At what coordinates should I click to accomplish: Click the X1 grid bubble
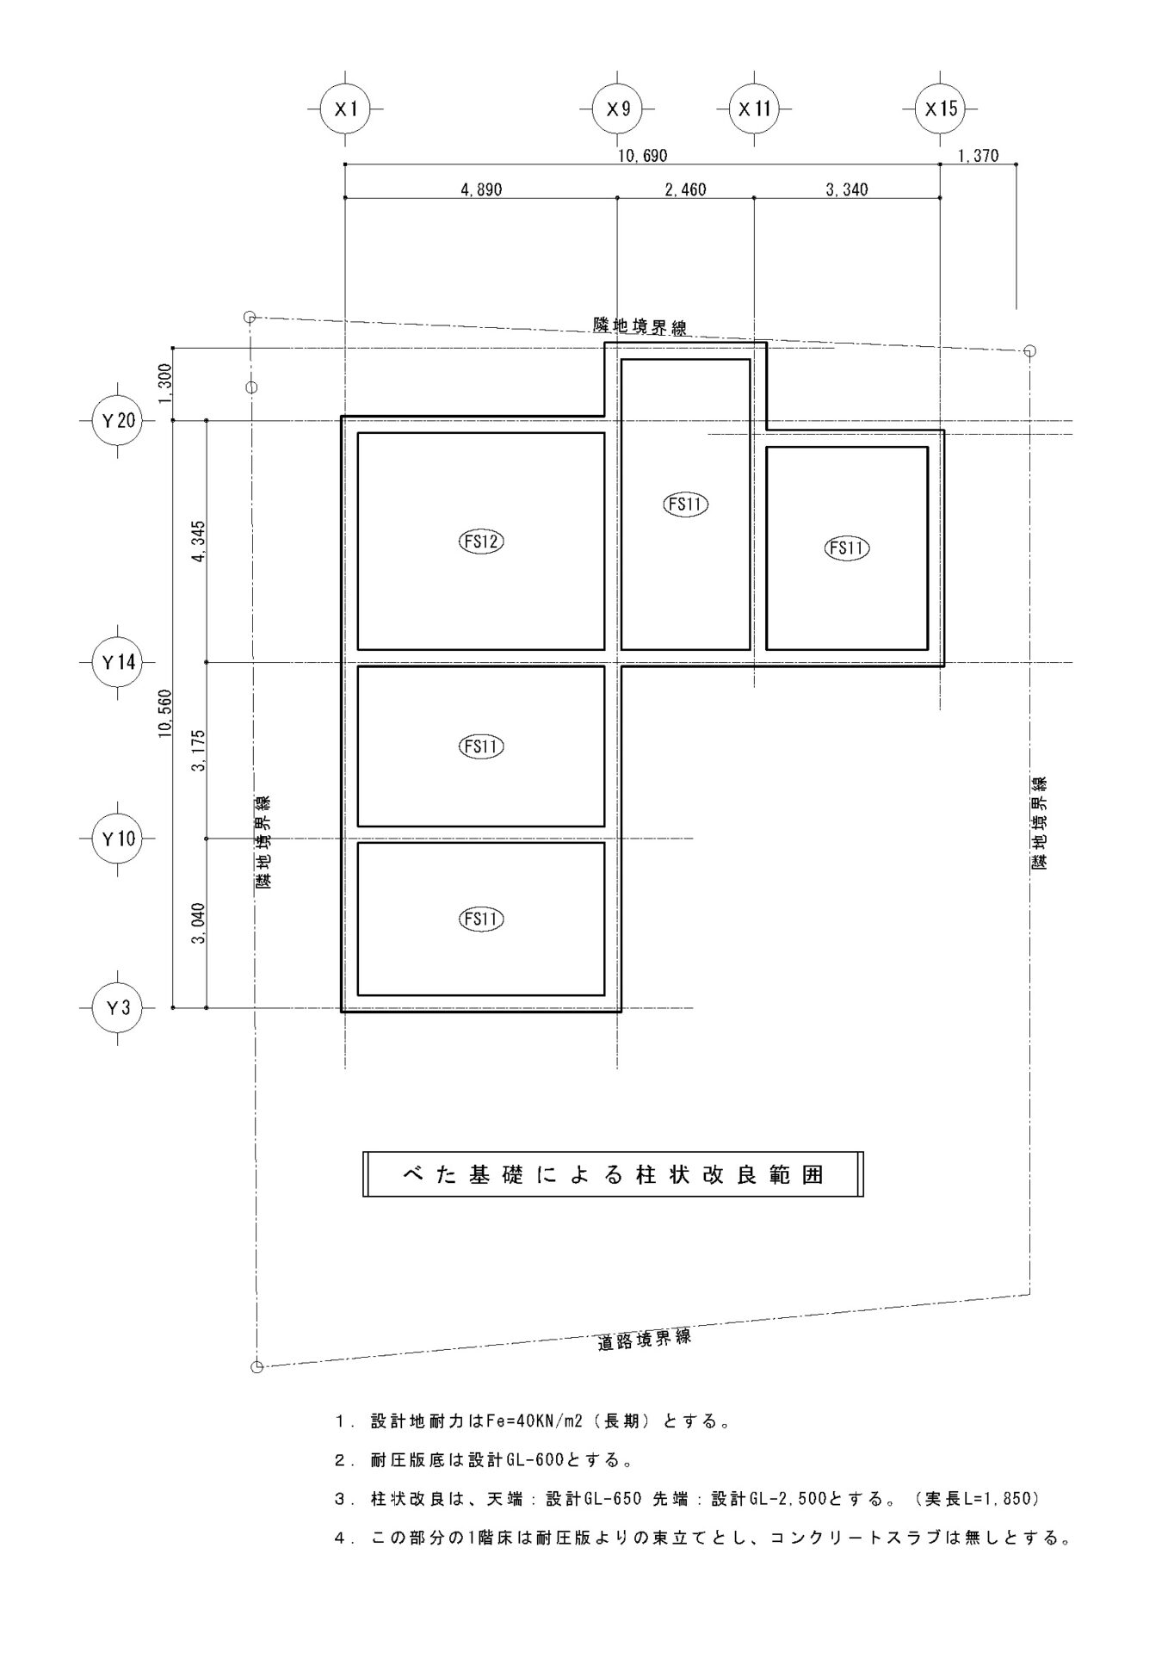[345, 109]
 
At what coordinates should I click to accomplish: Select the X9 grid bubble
[618, 109]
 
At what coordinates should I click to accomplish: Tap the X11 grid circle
[754, 109]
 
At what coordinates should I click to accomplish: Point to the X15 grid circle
[940, 109]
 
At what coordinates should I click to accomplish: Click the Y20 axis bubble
[118, 421]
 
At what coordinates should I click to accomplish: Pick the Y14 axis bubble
[118, 662]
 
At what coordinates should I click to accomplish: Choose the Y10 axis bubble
[118, 838]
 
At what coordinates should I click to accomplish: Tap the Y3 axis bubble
[118, 1007]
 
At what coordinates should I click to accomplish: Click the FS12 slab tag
[481, 542]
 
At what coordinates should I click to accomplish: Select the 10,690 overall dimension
[643, 156]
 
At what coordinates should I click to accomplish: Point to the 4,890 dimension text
[481, 189]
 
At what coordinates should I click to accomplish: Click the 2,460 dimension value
[685, 189]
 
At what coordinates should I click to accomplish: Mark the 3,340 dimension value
[847, 189]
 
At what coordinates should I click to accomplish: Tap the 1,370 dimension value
[978, 156]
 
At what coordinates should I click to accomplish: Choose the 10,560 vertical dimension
[164, 715]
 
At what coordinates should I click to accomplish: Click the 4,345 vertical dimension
[198, 542]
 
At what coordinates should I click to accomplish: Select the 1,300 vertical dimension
[164, 384]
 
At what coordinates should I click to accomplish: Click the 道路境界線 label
[645, 1340]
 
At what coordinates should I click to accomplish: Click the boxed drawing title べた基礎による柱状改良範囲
[613, 1174]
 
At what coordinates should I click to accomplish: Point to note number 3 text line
[688, 1499]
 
